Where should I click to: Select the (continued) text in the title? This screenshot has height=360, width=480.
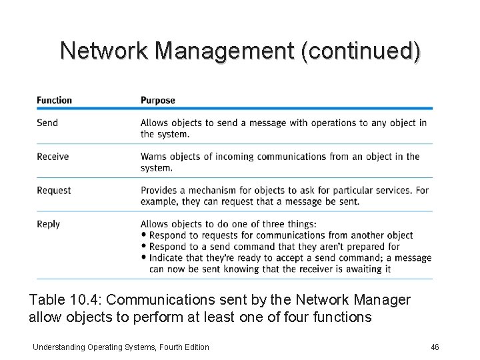click(x=361, y=51)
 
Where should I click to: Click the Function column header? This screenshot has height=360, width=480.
click(x=54, y=101)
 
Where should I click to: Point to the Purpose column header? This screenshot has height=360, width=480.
click(x=157, y=101)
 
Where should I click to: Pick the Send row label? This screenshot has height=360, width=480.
click(x=47, y=123)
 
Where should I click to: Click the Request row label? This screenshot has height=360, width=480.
click(x=53, y=191)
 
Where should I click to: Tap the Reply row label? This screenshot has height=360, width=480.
click(x=48, y=225)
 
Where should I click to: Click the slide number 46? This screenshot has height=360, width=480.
click(x=436, y=347)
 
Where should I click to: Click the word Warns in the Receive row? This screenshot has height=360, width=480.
click(x=153, y=157)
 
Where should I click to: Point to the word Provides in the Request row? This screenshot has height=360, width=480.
click(x=159, y=191)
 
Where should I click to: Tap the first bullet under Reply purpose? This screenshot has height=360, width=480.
click(x=144, y=235)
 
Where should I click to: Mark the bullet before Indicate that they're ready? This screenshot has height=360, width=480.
click(x=144, y=258)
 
